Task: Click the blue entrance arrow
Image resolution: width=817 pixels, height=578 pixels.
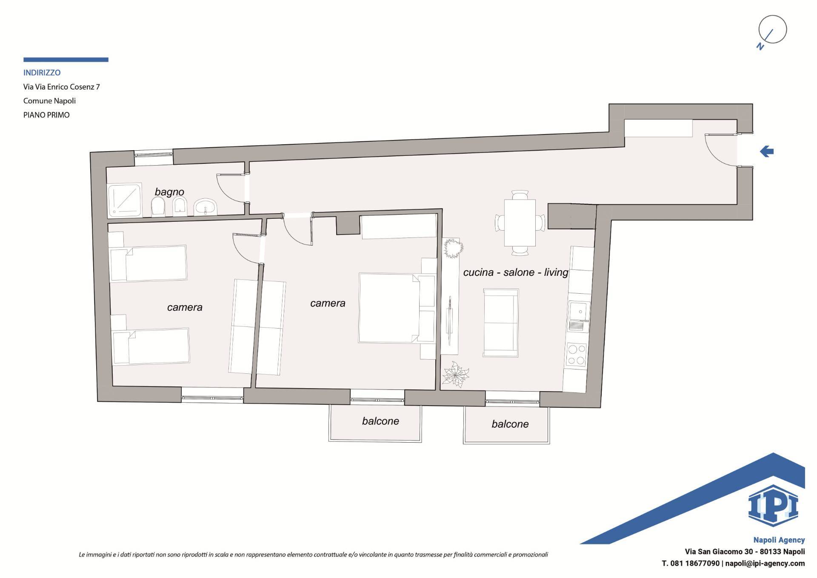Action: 767,151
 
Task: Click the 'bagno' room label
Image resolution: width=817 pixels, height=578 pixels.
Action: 169,192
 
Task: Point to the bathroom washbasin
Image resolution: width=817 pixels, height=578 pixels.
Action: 206,208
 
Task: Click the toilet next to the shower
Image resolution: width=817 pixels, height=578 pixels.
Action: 158,208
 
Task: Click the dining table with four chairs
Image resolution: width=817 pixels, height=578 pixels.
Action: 520,223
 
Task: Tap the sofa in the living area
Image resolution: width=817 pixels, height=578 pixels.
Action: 501,322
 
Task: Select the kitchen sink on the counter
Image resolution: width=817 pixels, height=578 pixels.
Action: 579,317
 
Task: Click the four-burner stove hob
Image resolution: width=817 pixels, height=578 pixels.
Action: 576,355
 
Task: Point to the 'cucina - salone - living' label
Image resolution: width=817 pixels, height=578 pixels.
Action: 516,272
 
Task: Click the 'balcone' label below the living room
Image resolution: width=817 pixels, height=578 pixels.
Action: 510,424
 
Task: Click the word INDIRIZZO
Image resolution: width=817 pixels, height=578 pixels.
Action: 42,73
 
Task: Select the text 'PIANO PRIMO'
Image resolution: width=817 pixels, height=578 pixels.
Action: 46,115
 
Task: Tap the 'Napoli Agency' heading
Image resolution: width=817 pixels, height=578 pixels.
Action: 779,540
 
